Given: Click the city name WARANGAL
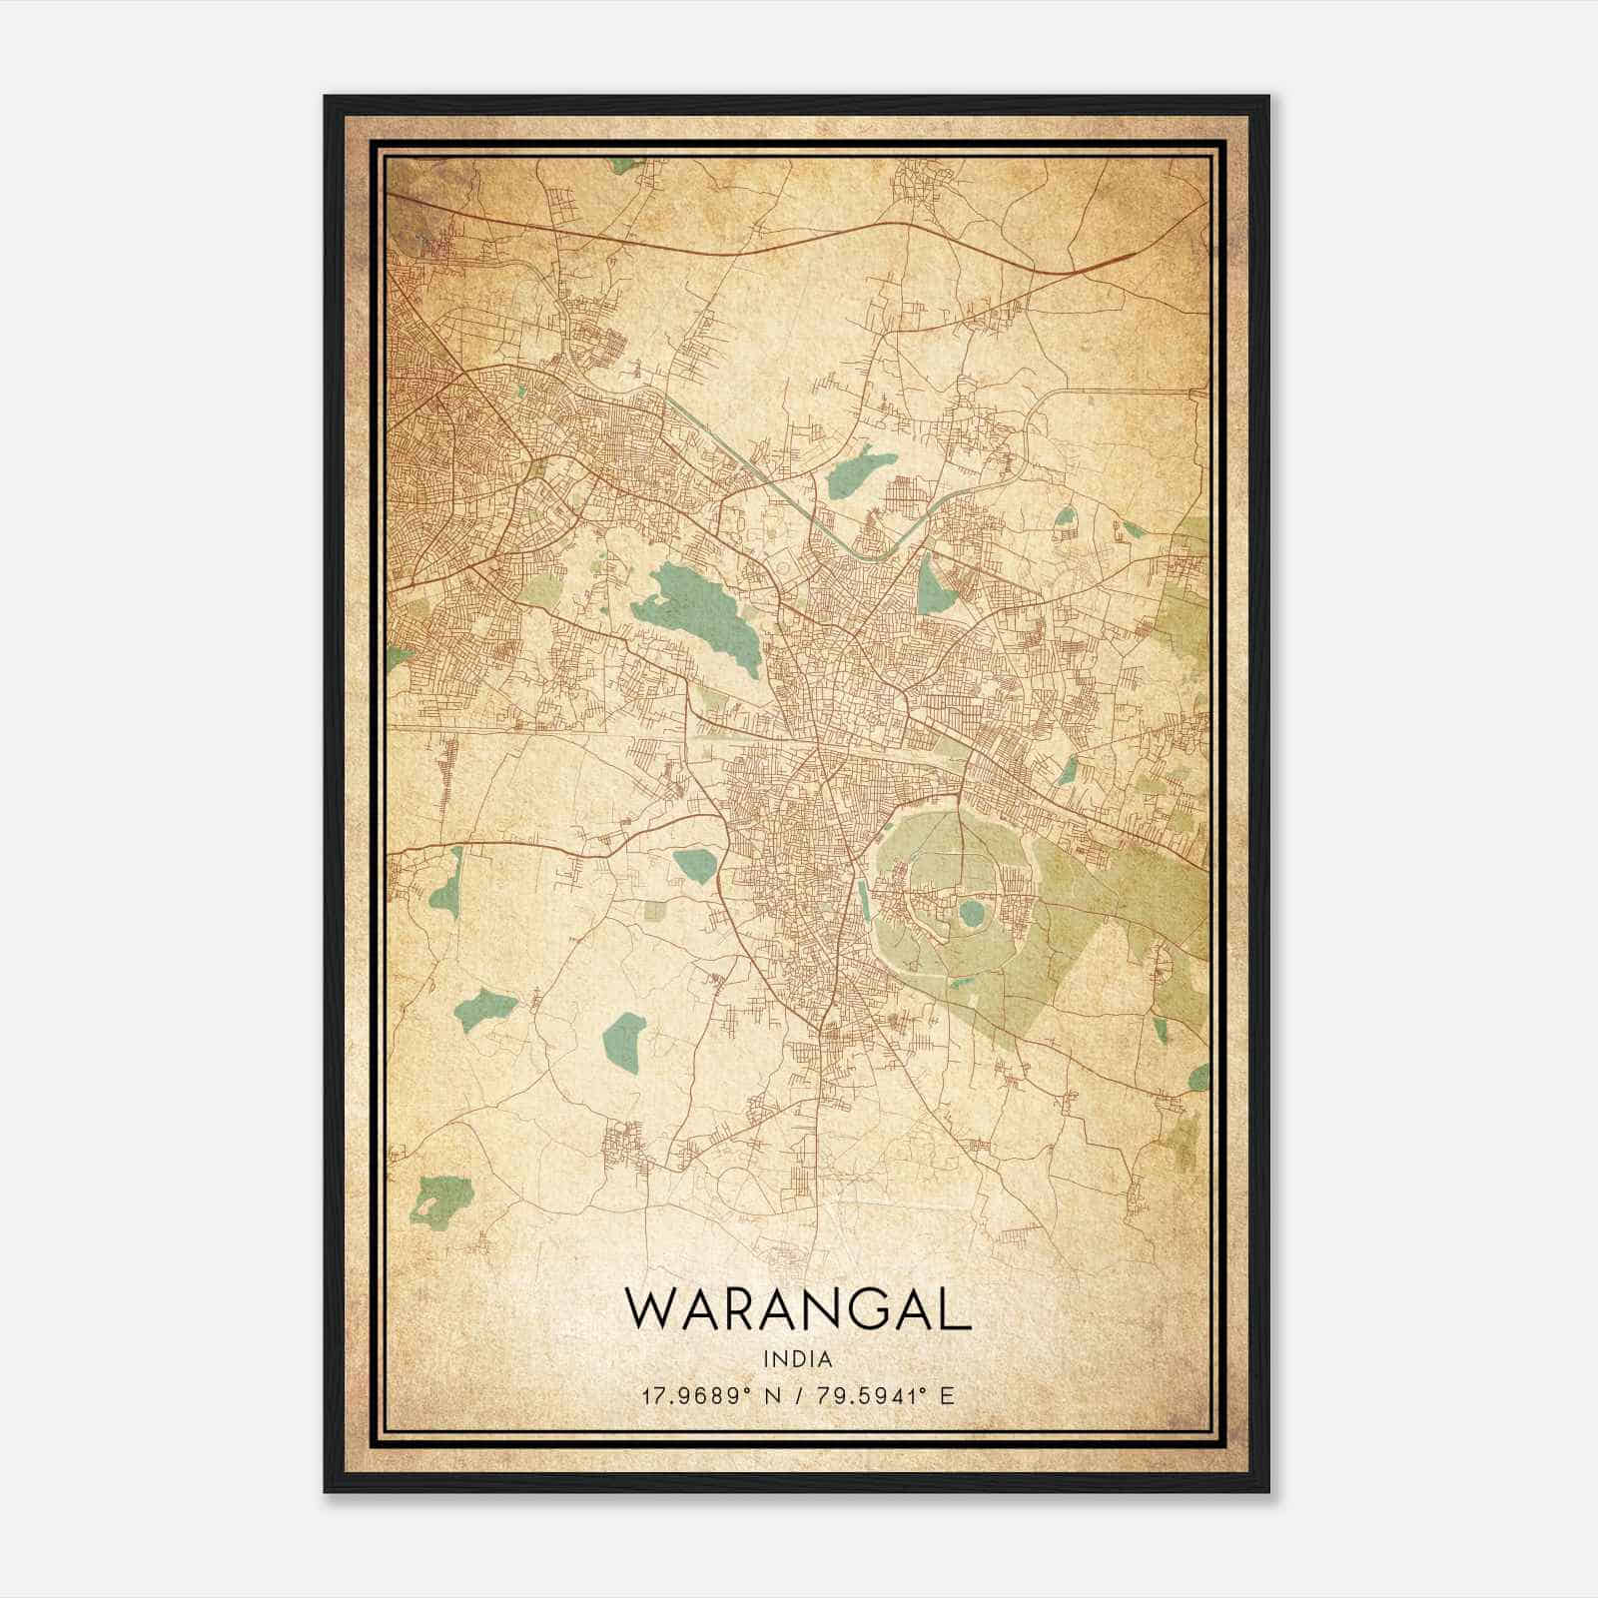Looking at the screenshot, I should click(x=798, y=1308).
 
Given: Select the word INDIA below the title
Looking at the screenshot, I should click(x=798, y=1359).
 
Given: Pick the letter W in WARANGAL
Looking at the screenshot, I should click(x=647, y=1308).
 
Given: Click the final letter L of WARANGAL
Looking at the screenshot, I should click(x=957, y=1308).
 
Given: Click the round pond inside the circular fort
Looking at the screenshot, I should click(x=969, y=913).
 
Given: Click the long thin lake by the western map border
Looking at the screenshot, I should click(x=445, y=884).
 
